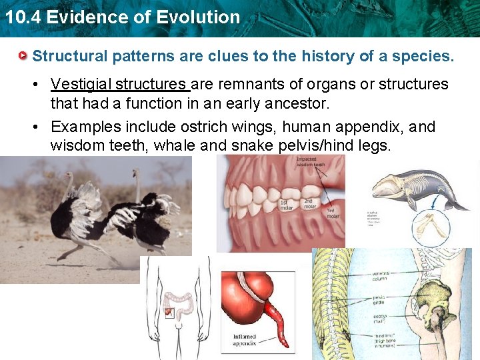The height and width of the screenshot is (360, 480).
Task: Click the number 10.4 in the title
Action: tap(19, 17)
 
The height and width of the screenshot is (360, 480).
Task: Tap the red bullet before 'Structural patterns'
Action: tap(23, 55)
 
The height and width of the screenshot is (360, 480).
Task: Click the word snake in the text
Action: tap(259, 145)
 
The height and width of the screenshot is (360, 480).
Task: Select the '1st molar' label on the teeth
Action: tap(286, 203)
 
